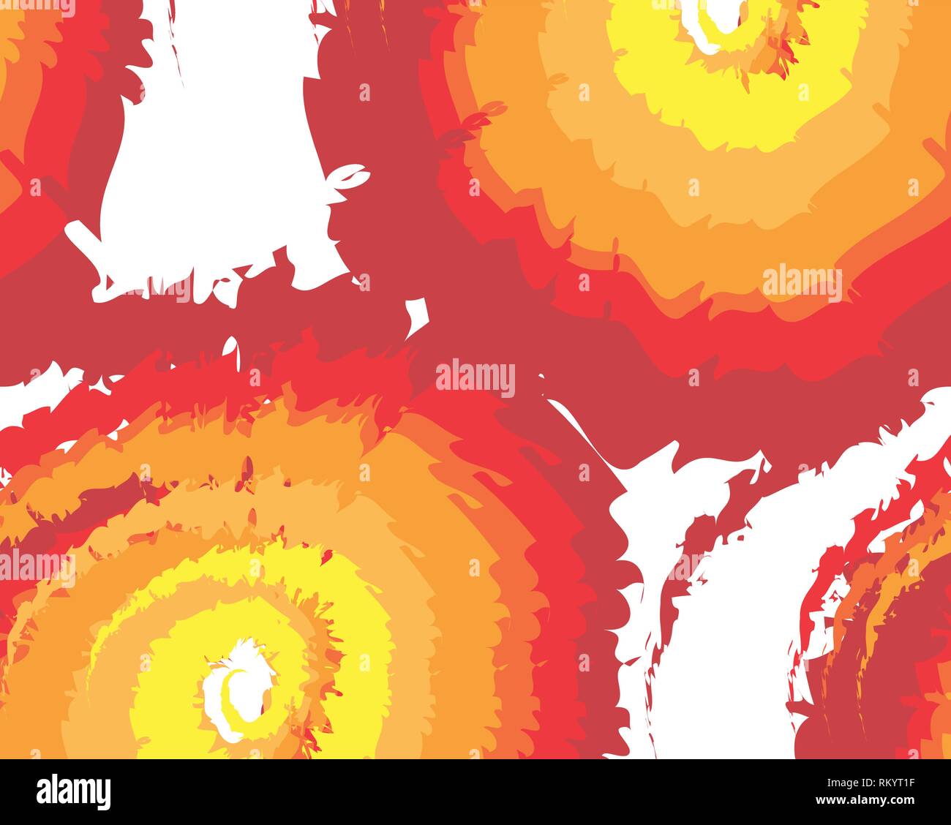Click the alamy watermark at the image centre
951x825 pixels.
[475, 378]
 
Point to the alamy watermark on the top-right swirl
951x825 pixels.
[802, 284]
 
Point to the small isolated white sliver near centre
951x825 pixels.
[418, 314]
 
